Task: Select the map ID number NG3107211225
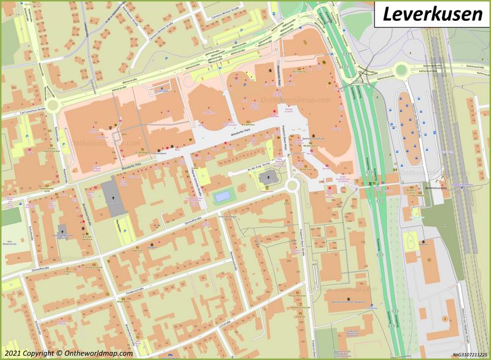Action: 470,354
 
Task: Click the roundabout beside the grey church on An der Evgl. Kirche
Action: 292,184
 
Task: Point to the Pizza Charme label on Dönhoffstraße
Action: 93,268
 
